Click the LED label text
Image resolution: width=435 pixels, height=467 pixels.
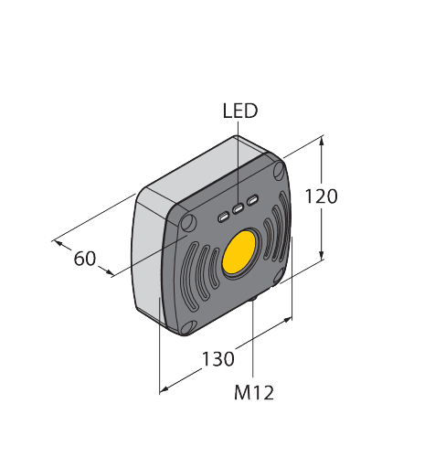[x=240, y=111]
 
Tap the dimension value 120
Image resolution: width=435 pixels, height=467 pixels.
[x=323, y=196]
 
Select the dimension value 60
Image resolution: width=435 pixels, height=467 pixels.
[x=85, y=259]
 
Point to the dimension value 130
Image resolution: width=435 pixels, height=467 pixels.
[x=217, y=359]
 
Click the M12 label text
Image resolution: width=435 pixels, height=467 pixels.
[x=253, y=393]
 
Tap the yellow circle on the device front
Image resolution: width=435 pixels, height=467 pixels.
[x=240, y=253]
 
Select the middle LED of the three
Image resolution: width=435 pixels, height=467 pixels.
[x=239, y=209]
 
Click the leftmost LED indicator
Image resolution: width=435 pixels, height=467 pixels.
[x=224, y=217]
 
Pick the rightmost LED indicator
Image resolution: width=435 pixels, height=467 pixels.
[x=253, y=201]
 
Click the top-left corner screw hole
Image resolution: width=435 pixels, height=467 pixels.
[x=187, y=223]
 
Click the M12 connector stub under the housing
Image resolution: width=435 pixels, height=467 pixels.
[x=253, y=300]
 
